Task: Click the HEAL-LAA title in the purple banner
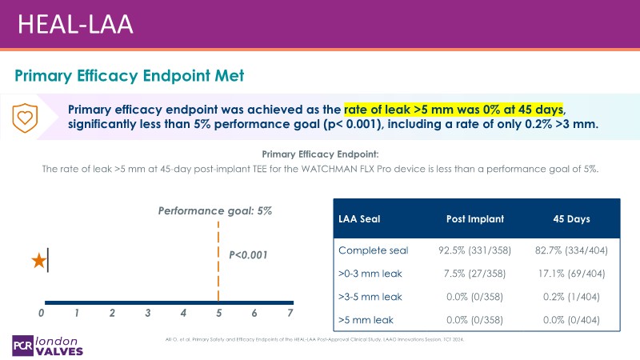(76, 23)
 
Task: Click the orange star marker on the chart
(38, 261)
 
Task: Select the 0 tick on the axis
(42, 312)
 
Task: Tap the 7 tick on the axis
(290, 312)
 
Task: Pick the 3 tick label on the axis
(148, 312)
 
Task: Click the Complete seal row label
(374, 250)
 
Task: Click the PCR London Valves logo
(48, 342)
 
